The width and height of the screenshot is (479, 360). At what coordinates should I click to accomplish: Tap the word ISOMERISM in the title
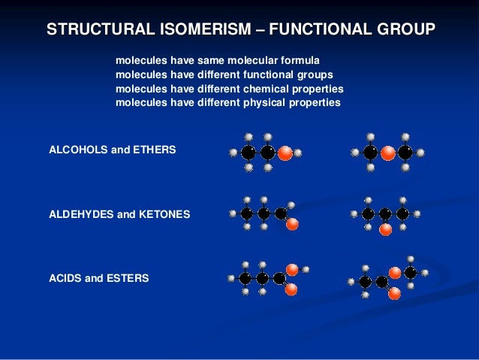tap(194, 30)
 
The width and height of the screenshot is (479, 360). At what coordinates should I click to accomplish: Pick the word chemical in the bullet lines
tap(267, 89)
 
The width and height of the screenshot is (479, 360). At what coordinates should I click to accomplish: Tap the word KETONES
tap(165, 214)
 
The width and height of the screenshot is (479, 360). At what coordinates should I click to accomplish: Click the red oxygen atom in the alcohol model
tap(285, 153)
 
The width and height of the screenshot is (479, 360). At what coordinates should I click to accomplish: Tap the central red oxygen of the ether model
tap(387, 153)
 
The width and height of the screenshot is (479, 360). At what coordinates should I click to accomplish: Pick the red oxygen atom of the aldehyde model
tap(293, 223)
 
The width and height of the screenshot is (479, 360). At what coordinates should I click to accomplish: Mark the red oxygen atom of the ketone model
tap(385, 229)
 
